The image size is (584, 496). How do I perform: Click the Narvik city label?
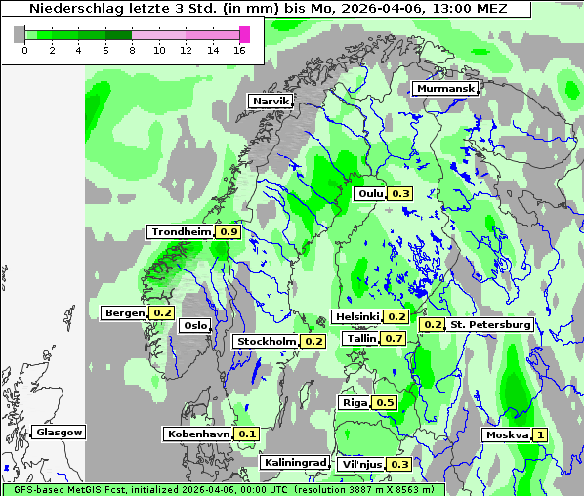(270, 101)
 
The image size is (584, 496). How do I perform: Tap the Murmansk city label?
(445, 89)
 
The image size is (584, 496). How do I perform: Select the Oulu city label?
(370, 193)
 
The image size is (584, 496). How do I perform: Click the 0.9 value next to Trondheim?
(229, 232)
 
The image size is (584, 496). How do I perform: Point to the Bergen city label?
(124, 313)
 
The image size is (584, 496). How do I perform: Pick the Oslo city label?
(195, 325)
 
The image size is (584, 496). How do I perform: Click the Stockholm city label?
(266, 341)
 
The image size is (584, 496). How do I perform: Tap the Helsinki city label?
(356, 316)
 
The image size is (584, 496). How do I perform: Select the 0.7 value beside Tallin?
(395, 338)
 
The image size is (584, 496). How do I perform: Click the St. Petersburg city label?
(490, 324)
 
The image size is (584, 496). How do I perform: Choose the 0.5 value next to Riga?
(385, 402)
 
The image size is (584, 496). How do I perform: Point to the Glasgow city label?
(59, 432)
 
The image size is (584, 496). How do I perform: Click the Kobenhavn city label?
(198, 434)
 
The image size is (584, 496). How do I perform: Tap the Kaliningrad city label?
(294, 462)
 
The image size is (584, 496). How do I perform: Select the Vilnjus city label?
(360, 464)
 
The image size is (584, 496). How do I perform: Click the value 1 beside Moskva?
(540, 434)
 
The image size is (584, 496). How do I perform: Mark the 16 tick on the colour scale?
(238, 50)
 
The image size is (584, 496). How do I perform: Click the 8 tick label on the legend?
(131, 50)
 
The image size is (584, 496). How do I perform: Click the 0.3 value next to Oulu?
(400, 193)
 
